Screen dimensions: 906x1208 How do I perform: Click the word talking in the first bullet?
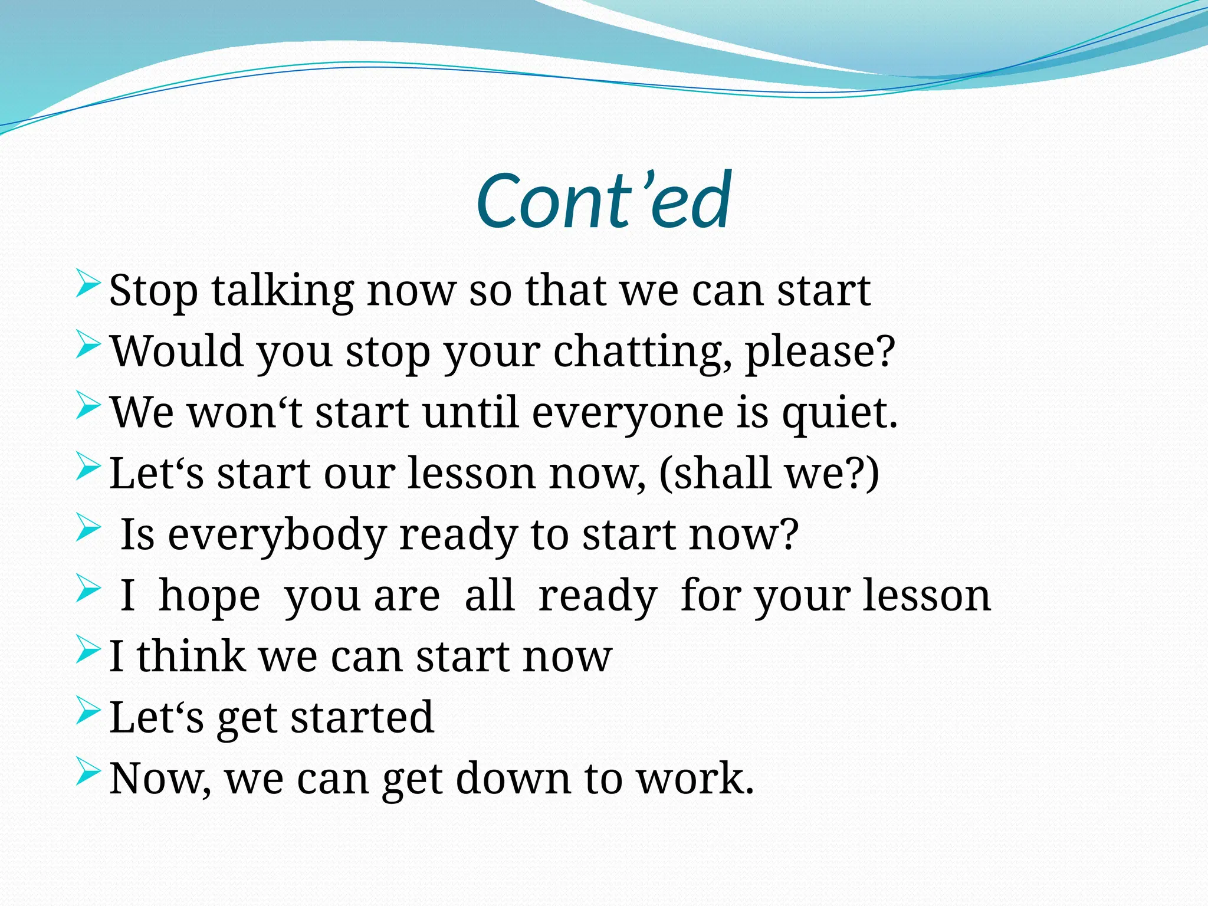pos(283,291)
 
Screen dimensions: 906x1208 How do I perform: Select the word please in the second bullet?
pos(812,353)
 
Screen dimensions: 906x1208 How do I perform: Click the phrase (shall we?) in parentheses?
pos(769,474)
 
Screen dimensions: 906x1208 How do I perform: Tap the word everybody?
pos(277,536)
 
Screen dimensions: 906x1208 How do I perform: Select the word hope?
pos(209,597)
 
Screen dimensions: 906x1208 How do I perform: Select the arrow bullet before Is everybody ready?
pos(88,526)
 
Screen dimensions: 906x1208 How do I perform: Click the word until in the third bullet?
pos(470,413)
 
